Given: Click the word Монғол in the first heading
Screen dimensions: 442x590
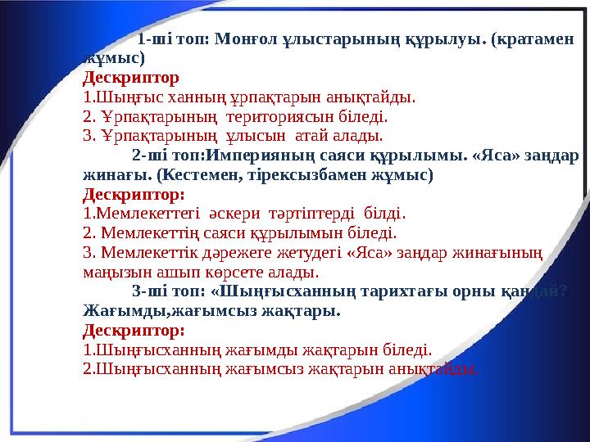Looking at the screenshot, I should click(x=240, y=39).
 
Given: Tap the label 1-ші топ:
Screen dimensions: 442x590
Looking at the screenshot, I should click(x=170, y=39).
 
